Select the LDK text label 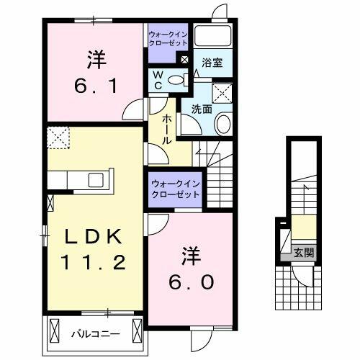[x=91, y=236]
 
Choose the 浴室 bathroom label [x=212, y=63]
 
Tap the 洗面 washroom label [x=201, y=110]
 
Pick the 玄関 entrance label [x=303, y=252]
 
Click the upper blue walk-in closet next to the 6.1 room [x=168, y=37]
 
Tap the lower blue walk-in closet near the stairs [x=175, y=190]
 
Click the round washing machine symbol [x=222, y=123]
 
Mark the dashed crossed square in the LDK [x=57, y=137]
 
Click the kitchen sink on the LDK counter [x=96, y=179]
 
